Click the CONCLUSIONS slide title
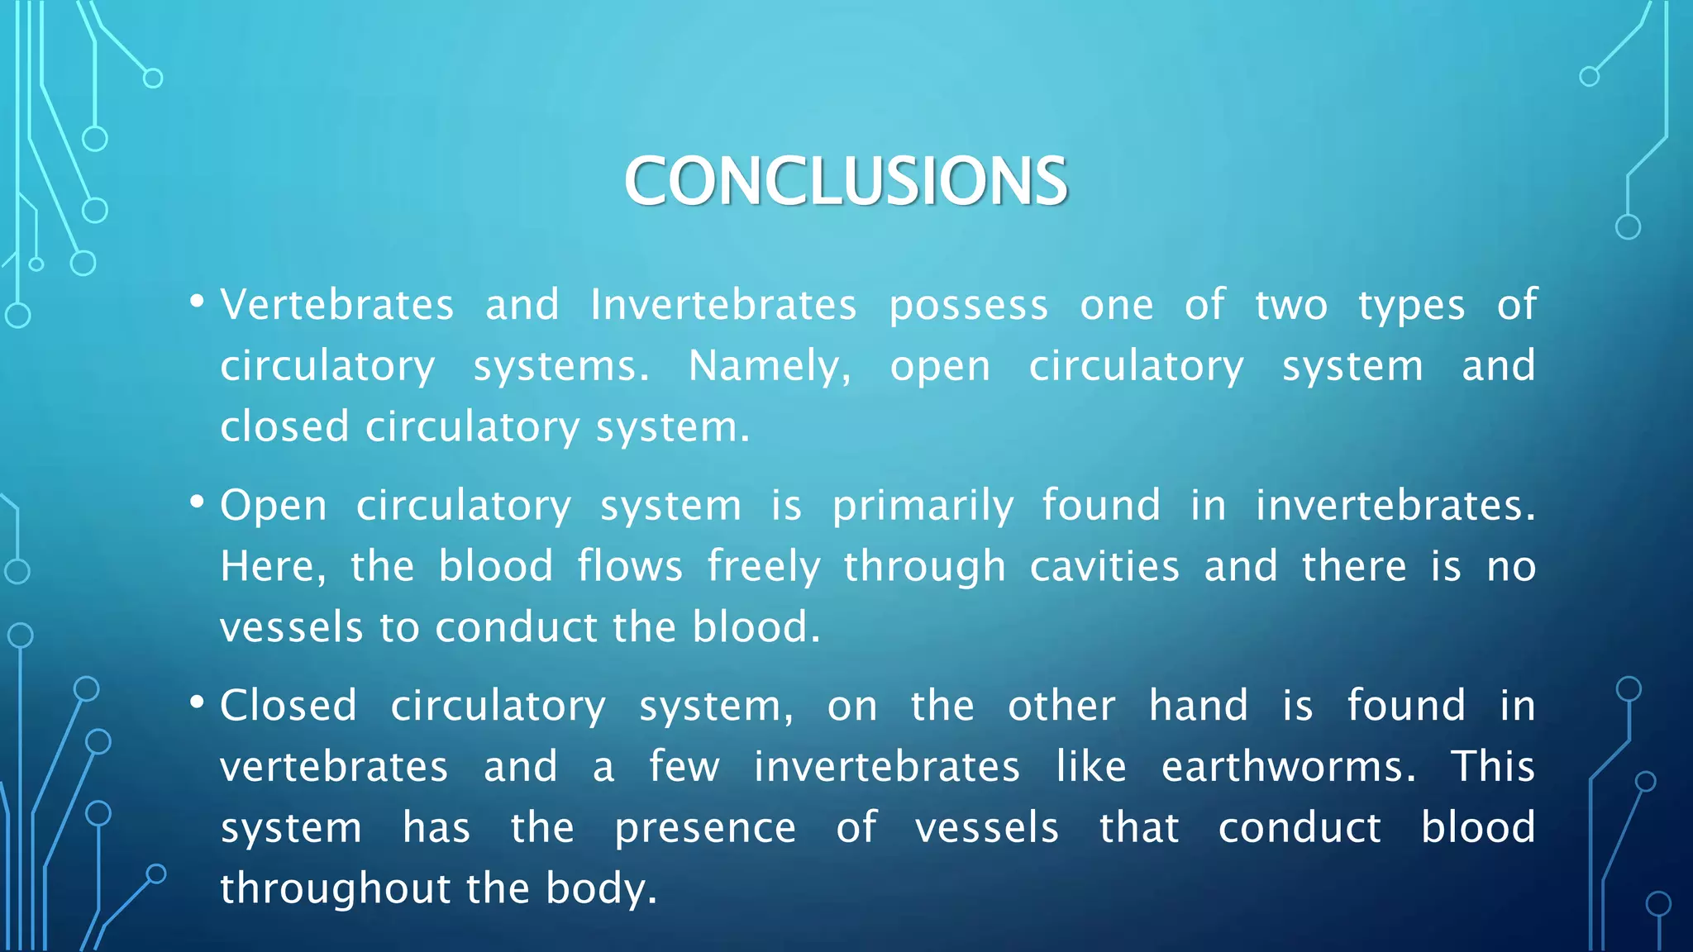click(x=846, y=181)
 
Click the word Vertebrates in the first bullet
click(x=337, y=305)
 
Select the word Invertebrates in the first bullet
click(x=723, y=305)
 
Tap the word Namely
click(x=769, y=366)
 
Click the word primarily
click(x=923, y=506)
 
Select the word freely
click(x=764, y=567)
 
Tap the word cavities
click(x=1104, y=567)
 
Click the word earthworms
click(x=1288, y=767)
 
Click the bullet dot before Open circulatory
click(x=197, y=502)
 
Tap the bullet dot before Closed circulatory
click(x=197, y=702)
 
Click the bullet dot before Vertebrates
click(x=197, y=302)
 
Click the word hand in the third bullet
click(x=1198, y=706)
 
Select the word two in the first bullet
click(x=1291, y=305)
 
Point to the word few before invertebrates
click(x=684, y=767)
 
